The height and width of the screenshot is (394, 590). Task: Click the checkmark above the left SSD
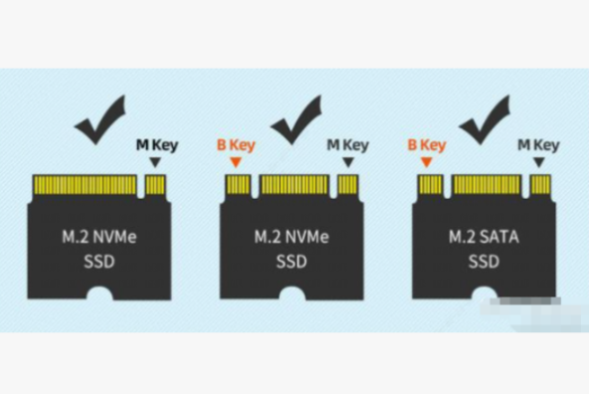pyautogui.click(x=99, y=120)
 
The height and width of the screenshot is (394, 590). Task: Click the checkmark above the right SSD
pyautogui.click(x=485, y=120)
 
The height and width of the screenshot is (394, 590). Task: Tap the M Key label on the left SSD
pyautogui.click(x=155, y=145)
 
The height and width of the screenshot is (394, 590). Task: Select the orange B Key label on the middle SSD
pyautogui.click(x=236, y=145)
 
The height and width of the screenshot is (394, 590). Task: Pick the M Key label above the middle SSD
pyautogui.click(x=347, y=145)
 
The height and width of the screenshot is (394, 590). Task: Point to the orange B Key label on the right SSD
pyautogui.click(x=428, y=145)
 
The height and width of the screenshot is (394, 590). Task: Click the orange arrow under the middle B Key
pyautogui.click(x=236, y=163)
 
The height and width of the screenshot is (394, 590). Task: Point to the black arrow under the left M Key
pyautogui.click(x=155, y=163)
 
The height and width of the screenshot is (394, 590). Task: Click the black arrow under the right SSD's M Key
pyautogui.click(x=539, y=163)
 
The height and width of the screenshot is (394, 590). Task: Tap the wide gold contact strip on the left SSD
pyautogui.click(x=84, y=185)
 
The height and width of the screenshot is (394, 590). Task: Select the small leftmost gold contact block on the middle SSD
pyautogui.click(x=237, y=185)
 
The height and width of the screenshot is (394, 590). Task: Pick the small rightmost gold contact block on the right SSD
pyautogui.click(x=540, y=185)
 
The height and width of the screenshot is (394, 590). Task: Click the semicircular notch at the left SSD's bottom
pyautogui.click(x=99, y=295)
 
